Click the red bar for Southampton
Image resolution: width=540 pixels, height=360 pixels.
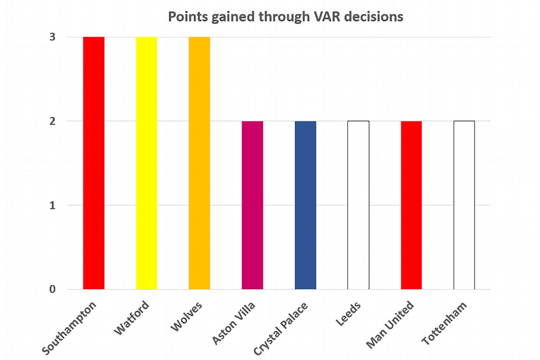point(94,162)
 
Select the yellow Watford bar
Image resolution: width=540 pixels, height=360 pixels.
point(147,162)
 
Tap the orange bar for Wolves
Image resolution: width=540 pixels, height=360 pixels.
point(199,162)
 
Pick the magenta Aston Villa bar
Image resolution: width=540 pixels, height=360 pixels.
point(252,205)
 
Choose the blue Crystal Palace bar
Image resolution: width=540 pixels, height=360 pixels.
point(305,205)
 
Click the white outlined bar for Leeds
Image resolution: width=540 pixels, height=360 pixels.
point(358,205)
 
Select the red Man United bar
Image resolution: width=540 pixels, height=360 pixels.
point(411,205)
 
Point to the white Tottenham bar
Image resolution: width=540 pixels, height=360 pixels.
point(464,205)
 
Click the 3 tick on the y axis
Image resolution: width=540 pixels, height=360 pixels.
point(52,37)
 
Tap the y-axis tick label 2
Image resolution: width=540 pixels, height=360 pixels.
point(52,121)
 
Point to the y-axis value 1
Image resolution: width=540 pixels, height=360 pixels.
point(52,205)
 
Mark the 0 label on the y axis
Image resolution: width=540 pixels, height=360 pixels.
point(52,290)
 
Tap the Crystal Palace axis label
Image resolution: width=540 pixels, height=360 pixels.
point(281,329)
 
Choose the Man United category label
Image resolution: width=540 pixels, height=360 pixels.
point(390,324)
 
